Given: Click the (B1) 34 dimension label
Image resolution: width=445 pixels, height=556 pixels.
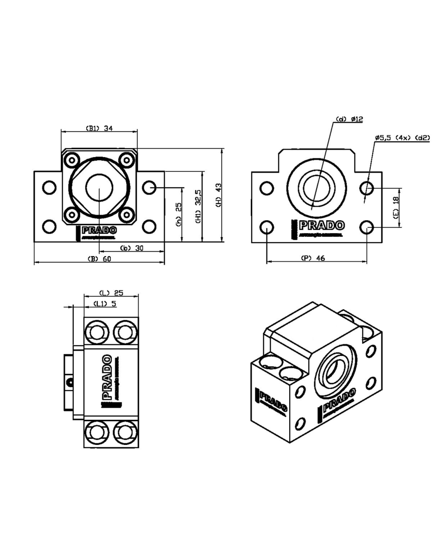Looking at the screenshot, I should point(99,128).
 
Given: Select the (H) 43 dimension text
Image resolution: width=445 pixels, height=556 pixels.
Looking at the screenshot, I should point(219,195).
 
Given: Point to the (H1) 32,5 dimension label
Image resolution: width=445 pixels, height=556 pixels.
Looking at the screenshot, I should point(198,207).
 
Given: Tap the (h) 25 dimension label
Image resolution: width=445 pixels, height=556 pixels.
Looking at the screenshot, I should point(179,212).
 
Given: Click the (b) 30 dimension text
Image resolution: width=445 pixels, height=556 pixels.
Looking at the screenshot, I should point(132,248).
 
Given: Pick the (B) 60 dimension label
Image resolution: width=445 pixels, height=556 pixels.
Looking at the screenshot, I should point(99,259).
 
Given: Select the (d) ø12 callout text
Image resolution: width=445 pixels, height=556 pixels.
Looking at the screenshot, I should point(350,120).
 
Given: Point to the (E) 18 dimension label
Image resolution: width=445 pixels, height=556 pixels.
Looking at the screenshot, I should point(395,208).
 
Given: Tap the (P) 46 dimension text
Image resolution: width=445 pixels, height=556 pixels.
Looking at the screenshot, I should point(314,259).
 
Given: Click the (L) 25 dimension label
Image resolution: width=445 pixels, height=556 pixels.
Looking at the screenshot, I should point(111,292).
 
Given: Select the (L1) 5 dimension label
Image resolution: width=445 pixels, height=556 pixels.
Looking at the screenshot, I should point(105,304).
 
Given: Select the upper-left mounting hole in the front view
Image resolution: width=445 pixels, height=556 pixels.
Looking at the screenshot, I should point(49,188).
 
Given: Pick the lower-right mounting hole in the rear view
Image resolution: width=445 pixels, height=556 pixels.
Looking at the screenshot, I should point(367,227).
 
